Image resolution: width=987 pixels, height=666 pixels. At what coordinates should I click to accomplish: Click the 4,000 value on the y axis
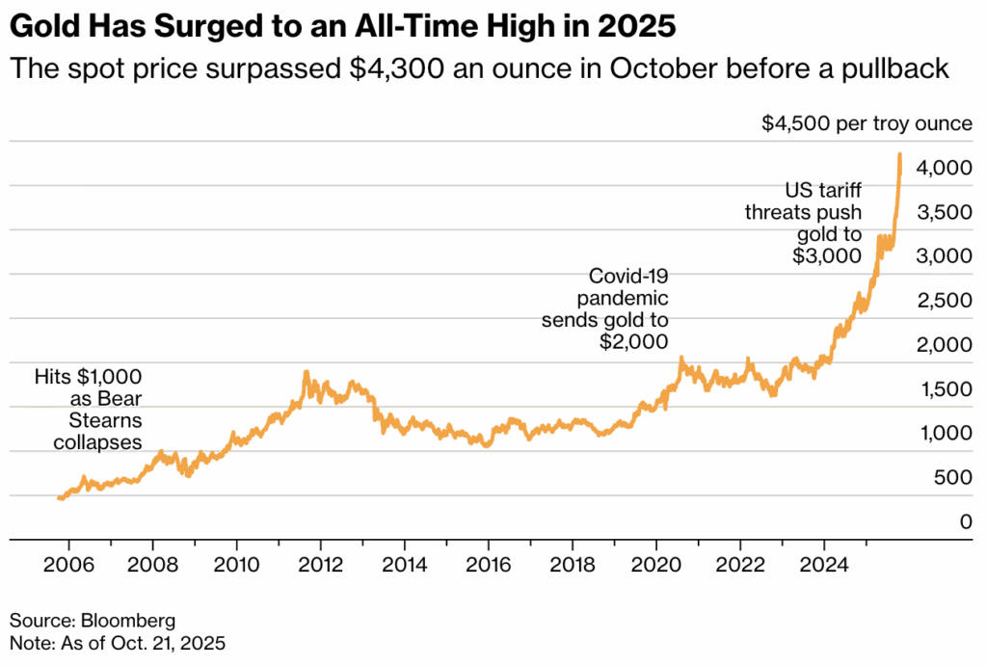[938, 168]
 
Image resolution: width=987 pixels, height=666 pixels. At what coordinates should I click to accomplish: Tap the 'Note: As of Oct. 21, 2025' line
[117, 641]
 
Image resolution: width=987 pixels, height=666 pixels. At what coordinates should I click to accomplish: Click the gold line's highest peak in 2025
[899, 154]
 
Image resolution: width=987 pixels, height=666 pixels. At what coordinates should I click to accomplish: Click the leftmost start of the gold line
[59, 498]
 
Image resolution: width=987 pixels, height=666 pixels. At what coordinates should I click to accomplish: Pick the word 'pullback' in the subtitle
[897, 70]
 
